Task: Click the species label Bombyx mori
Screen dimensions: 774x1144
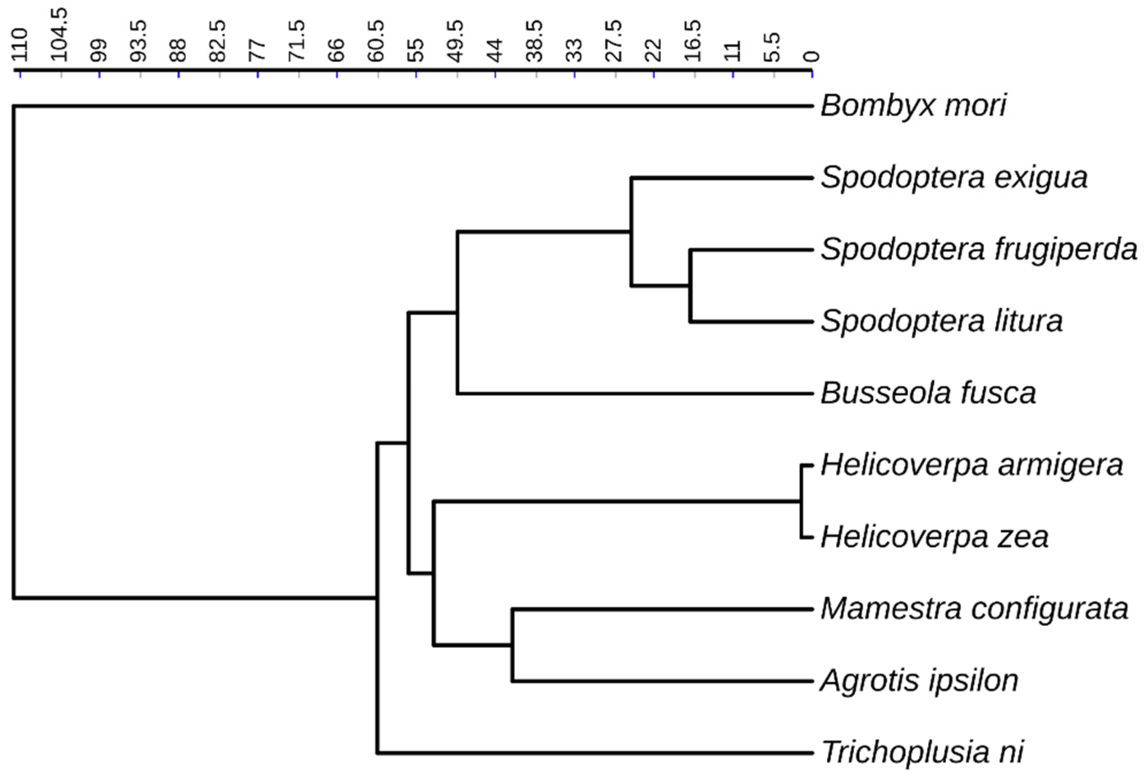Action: (x=913, y=106)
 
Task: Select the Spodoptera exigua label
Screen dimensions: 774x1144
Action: (x=953, y=178)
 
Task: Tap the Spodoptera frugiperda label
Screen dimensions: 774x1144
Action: (x=979, y=250)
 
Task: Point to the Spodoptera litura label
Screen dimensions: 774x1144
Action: (x=941, y=322)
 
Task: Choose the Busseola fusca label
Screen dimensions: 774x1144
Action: (x=928, y=394)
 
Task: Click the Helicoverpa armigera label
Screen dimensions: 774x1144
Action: (x=972, y=465)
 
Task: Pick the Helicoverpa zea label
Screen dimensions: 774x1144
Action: (x=934, y=537)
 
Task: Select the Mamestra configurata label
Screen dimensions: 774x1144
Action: (x=974, y=609)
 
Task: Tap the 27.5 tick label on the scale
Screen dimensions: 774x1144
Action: (x=614, y=41)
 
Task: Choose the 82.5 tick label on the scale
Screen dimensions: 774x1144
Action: (x=218, y=41)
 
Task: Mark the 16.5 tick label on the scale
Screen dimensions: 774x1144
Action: (x=694, y=41)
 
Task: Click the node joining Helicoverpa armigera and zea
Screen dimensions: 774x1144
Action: (x=801, y=501)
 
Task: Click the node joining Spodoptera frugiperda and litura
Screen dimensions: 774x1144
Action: (x=691, y=286)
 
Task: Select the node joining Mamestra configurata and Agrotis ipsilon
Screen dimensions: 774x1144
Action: (x=512, y=645)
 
